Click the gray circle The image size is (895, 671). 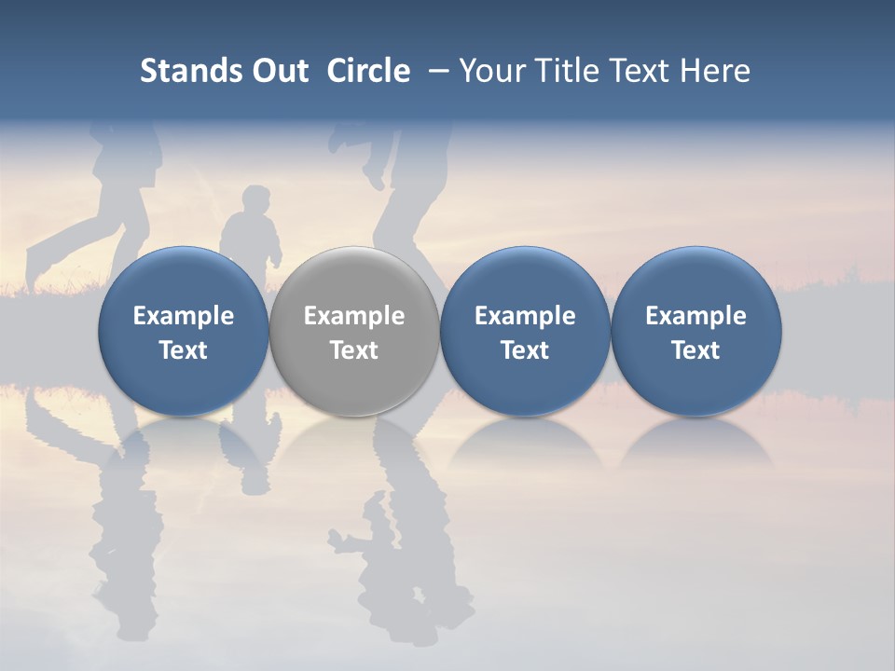pyautogui.click(x=354, y=331)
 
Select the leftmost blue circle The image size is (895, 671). pyautogui.click(x=184, y=331)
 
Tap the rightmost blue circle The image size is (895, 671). pyautogui.click(x=696, y=331)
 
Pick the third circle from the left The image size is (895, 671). pyautogui.click(x=525, y=331)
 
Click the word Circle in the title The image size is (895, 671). pyautogui.click(x=368, y=71)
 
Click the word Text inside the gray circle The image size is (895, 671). pyautogui.click(x=354, y=350)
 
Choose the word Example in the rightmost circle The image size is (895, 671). pyautogui.click(x=696, y=316)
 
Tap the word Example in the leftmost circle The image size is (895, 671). pyautogui.click(x=184, y=316)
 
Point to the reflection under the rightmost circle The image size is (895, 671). pyautogui.click(x=696, y=443)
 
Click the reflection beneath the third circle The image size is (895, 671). pyautogui.click(x=525, y=443)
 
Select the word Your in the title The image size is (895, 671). pyautogui.click(x=492, y=71)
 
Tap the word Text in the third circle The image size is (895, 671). pyautogui.click(x=525, y=350)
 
